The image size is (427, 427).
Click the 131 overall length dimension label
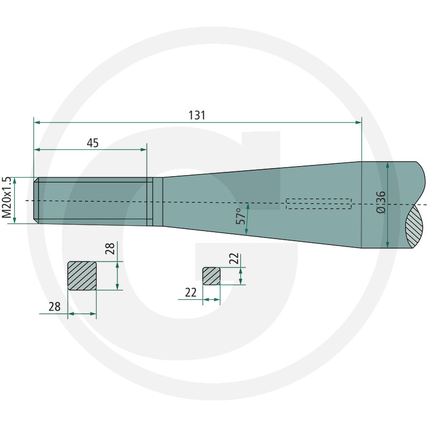tap(197, 115)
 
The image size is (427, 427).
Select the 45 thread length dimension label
tap(92, 143)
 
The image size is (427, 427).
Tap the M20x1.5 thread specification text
tap(6, 197)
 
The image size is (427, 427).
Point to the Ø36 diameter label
tap(381, 202)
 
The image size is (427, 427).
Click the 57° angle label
tap(241, 216)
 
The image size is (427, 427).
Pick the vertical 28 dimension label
tap(110, 248)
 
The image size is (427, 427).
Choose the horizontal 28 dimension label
tap(54, 307)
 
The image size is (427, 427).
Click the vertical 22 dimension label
tap(234, 258)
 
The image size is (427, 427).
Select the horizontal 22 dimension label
tap(191, 292)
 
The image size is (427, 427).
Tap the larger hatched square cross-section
tap(82, 276)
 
